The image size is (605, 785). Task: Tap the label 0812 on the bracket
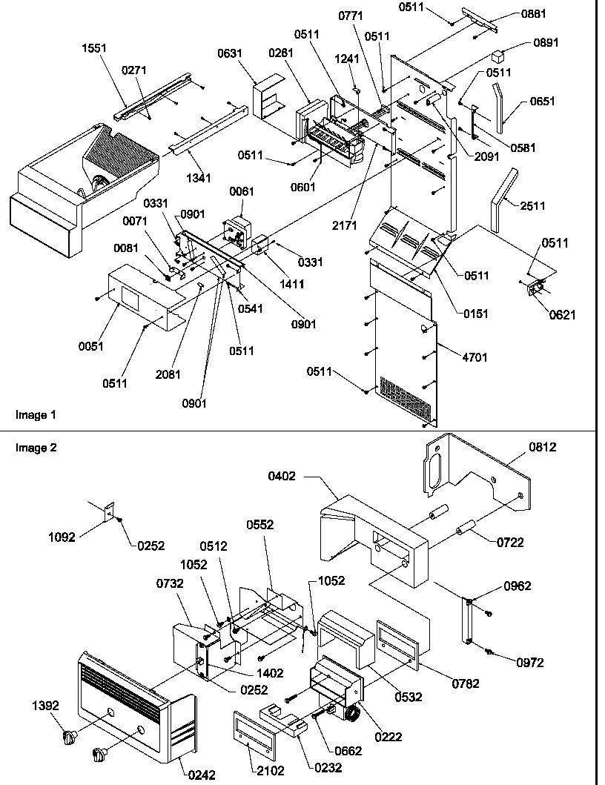[542, 446]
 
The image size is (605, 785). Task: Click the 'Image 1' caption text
[34, 414]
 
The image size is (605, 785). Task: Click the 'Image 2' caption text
[35, 447]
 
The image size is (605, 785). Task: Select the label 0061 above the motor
[241, 193]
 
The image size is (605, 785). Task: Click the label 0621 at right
[562, 314]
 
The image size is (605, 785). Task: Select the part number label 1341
[197, 177]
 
